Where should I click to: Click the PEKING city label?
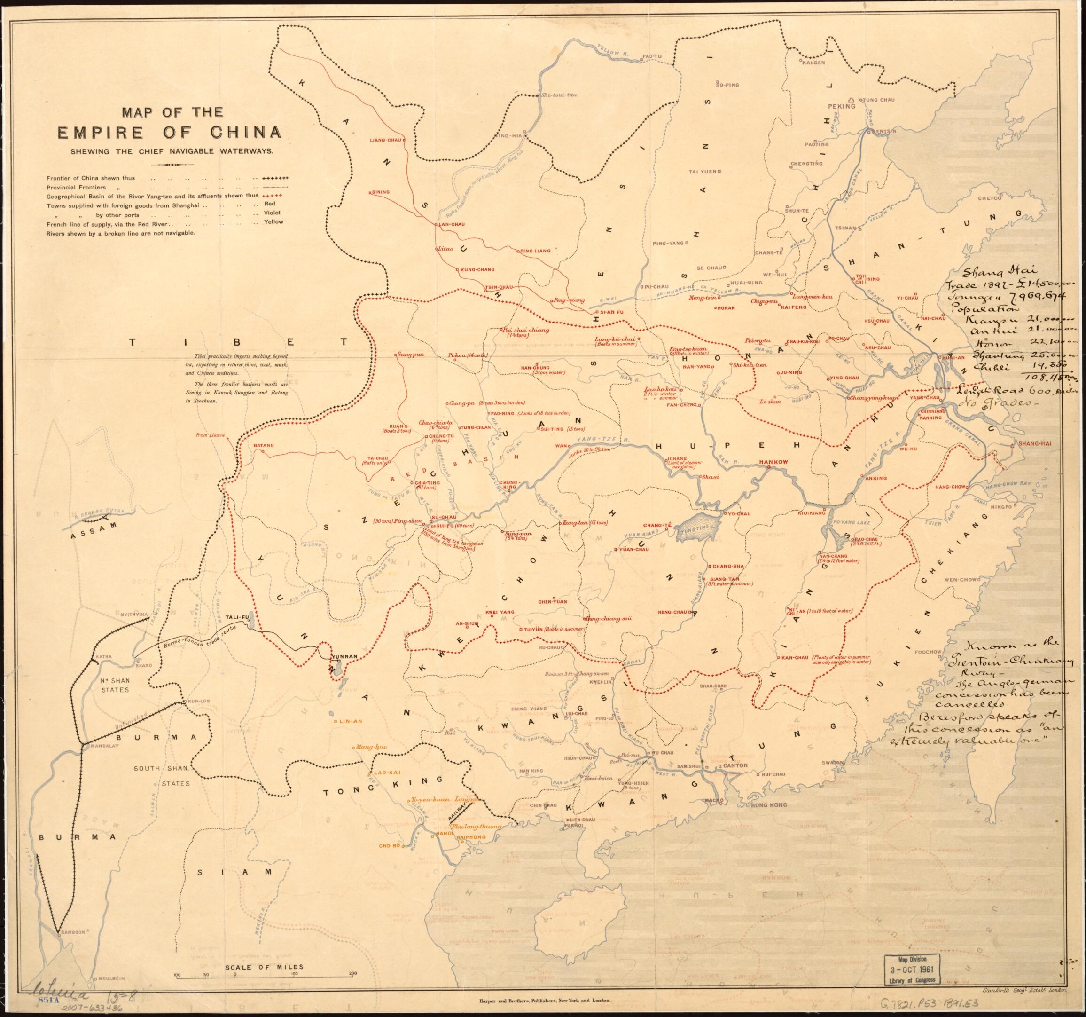click(841, 107)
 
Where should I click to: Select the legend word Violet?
click(272, 212)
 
